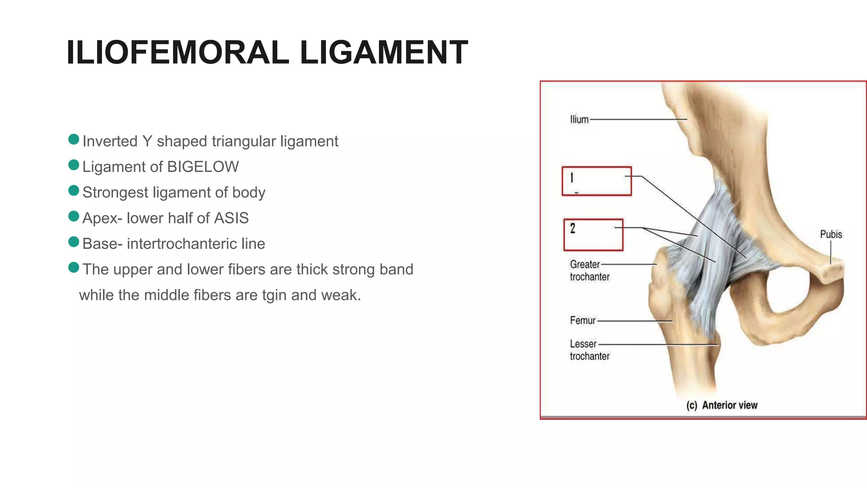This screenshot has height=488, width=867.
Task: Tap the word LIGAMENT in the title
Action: pyautogui.click(x=384, y=53)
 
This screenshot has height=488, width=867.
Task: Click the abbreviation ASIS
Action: pyautogui.click(x=231, y=218)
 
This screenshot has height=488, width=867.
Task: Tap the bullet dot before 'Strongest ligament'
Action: pyautogui.click(x=74, y=191)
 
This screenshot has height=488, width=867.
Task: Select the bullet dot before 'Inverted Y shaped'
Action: pyautogui.click(x=74, y=139)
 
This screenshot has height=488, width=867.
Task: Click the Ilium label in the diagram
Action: pyautogui.click(x=579, y=119)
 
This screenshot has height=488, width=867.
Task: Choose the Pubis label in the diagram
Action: pyautogui.click(x=831, y=234)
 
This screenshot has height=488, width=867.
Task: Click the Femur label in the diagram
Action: pyautogui.click(x=583, y=320)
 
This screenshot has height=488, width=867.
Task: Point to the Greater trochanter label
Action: pyautogui.click(x=589, y=270)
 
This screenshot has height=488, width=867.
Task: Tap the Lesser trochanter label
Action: pyautogui.click(x=589, y=350)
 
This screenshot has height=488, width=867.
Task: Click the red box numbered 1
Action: pyautogui.click(x=596, y=181)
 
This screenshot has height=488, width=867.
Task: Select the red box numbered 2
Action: pyautogui.click(x=593, y=235)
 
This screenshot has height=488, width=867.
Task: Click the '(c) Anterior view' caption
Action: pyautogui.click(x=722, y=405)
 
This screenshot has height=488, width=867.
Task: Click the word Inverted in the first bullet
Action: pyautogui.click(x=110, y=141)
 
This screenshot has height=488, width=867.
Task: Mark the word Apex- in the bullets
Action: pyautogui.click(x=102, y=219)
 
